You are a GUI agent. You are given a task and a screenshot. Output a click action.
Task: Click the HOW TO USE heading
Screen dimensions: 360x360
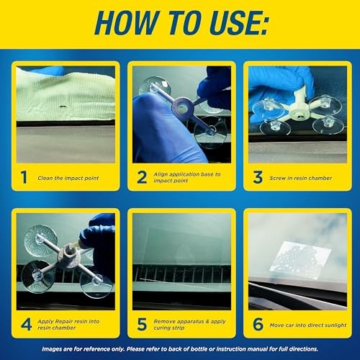coord(180,26)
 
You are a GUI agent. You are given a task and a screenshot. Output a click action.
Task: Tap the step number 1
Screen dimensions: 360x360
coord(24,176)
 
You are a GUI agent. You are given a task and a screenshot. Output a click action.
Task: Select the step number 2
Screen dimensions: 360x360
coord(142,176)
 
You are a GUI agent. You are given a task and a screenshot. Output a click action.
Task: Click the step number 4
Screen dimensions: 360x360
coord(25,324)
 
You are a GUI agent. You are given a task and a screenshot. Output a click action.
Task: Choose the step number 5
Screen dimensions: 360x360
coord(141,324)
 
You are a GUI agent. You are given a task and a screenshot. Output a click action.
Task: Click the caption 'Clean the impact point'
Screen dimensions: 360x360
coord(69,177)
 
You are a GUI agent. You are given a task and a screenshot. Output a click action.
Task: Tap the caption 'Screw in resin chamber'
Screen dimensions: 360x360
coord(301,177)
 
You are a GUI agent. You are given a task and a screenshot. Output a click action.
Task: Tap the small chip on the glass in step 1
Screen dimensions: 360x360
coord(64,111)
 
